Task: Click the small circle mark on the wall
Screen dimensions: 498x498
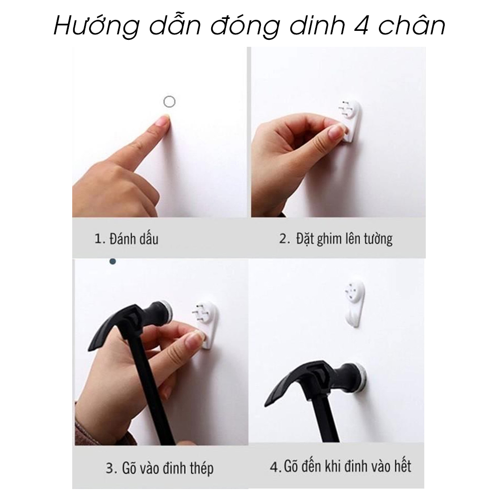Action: [169, 102]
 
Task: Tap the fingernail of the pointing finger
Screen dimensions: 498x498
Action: [163, 120]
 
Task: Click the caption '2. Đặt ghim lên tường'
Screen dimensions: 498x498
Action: [335, 239]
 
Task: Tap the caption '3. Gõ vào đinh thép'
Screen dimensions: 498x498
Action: [159, 468]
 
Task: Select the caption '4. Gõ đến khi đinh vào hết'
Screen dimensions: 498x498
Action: [341, 467]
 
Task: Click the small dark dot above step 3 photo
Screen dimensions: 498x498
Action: [113, 261]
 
